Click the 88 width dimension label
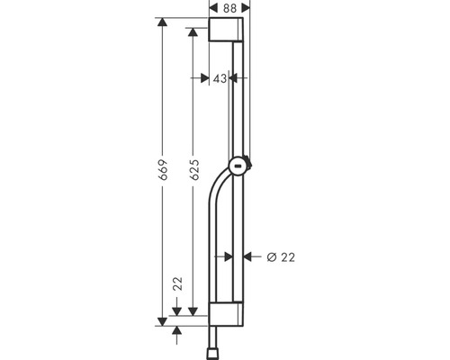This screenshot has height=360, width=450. tap(229, 8)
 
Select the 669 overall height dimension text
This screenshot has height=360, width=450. tap(163, 170)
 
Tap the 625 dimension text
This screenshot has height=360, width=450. tap(194, 170)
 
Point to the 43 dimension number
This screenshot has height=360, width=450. tap(220, 78)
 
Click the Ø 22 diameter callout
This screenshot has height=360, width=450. tap(281, 257)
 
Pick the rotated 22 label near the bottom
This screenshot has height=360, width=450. tap(178, 283)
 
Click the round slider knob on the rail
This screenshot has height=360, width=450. tap(238, 166)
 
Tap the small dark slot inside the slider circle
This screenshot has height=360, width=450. tap(238, 166)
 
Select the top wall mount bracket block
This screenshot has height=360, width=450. tap(226, 30)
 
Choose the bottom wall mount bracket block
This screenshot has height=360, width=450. tap(226, 314)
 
